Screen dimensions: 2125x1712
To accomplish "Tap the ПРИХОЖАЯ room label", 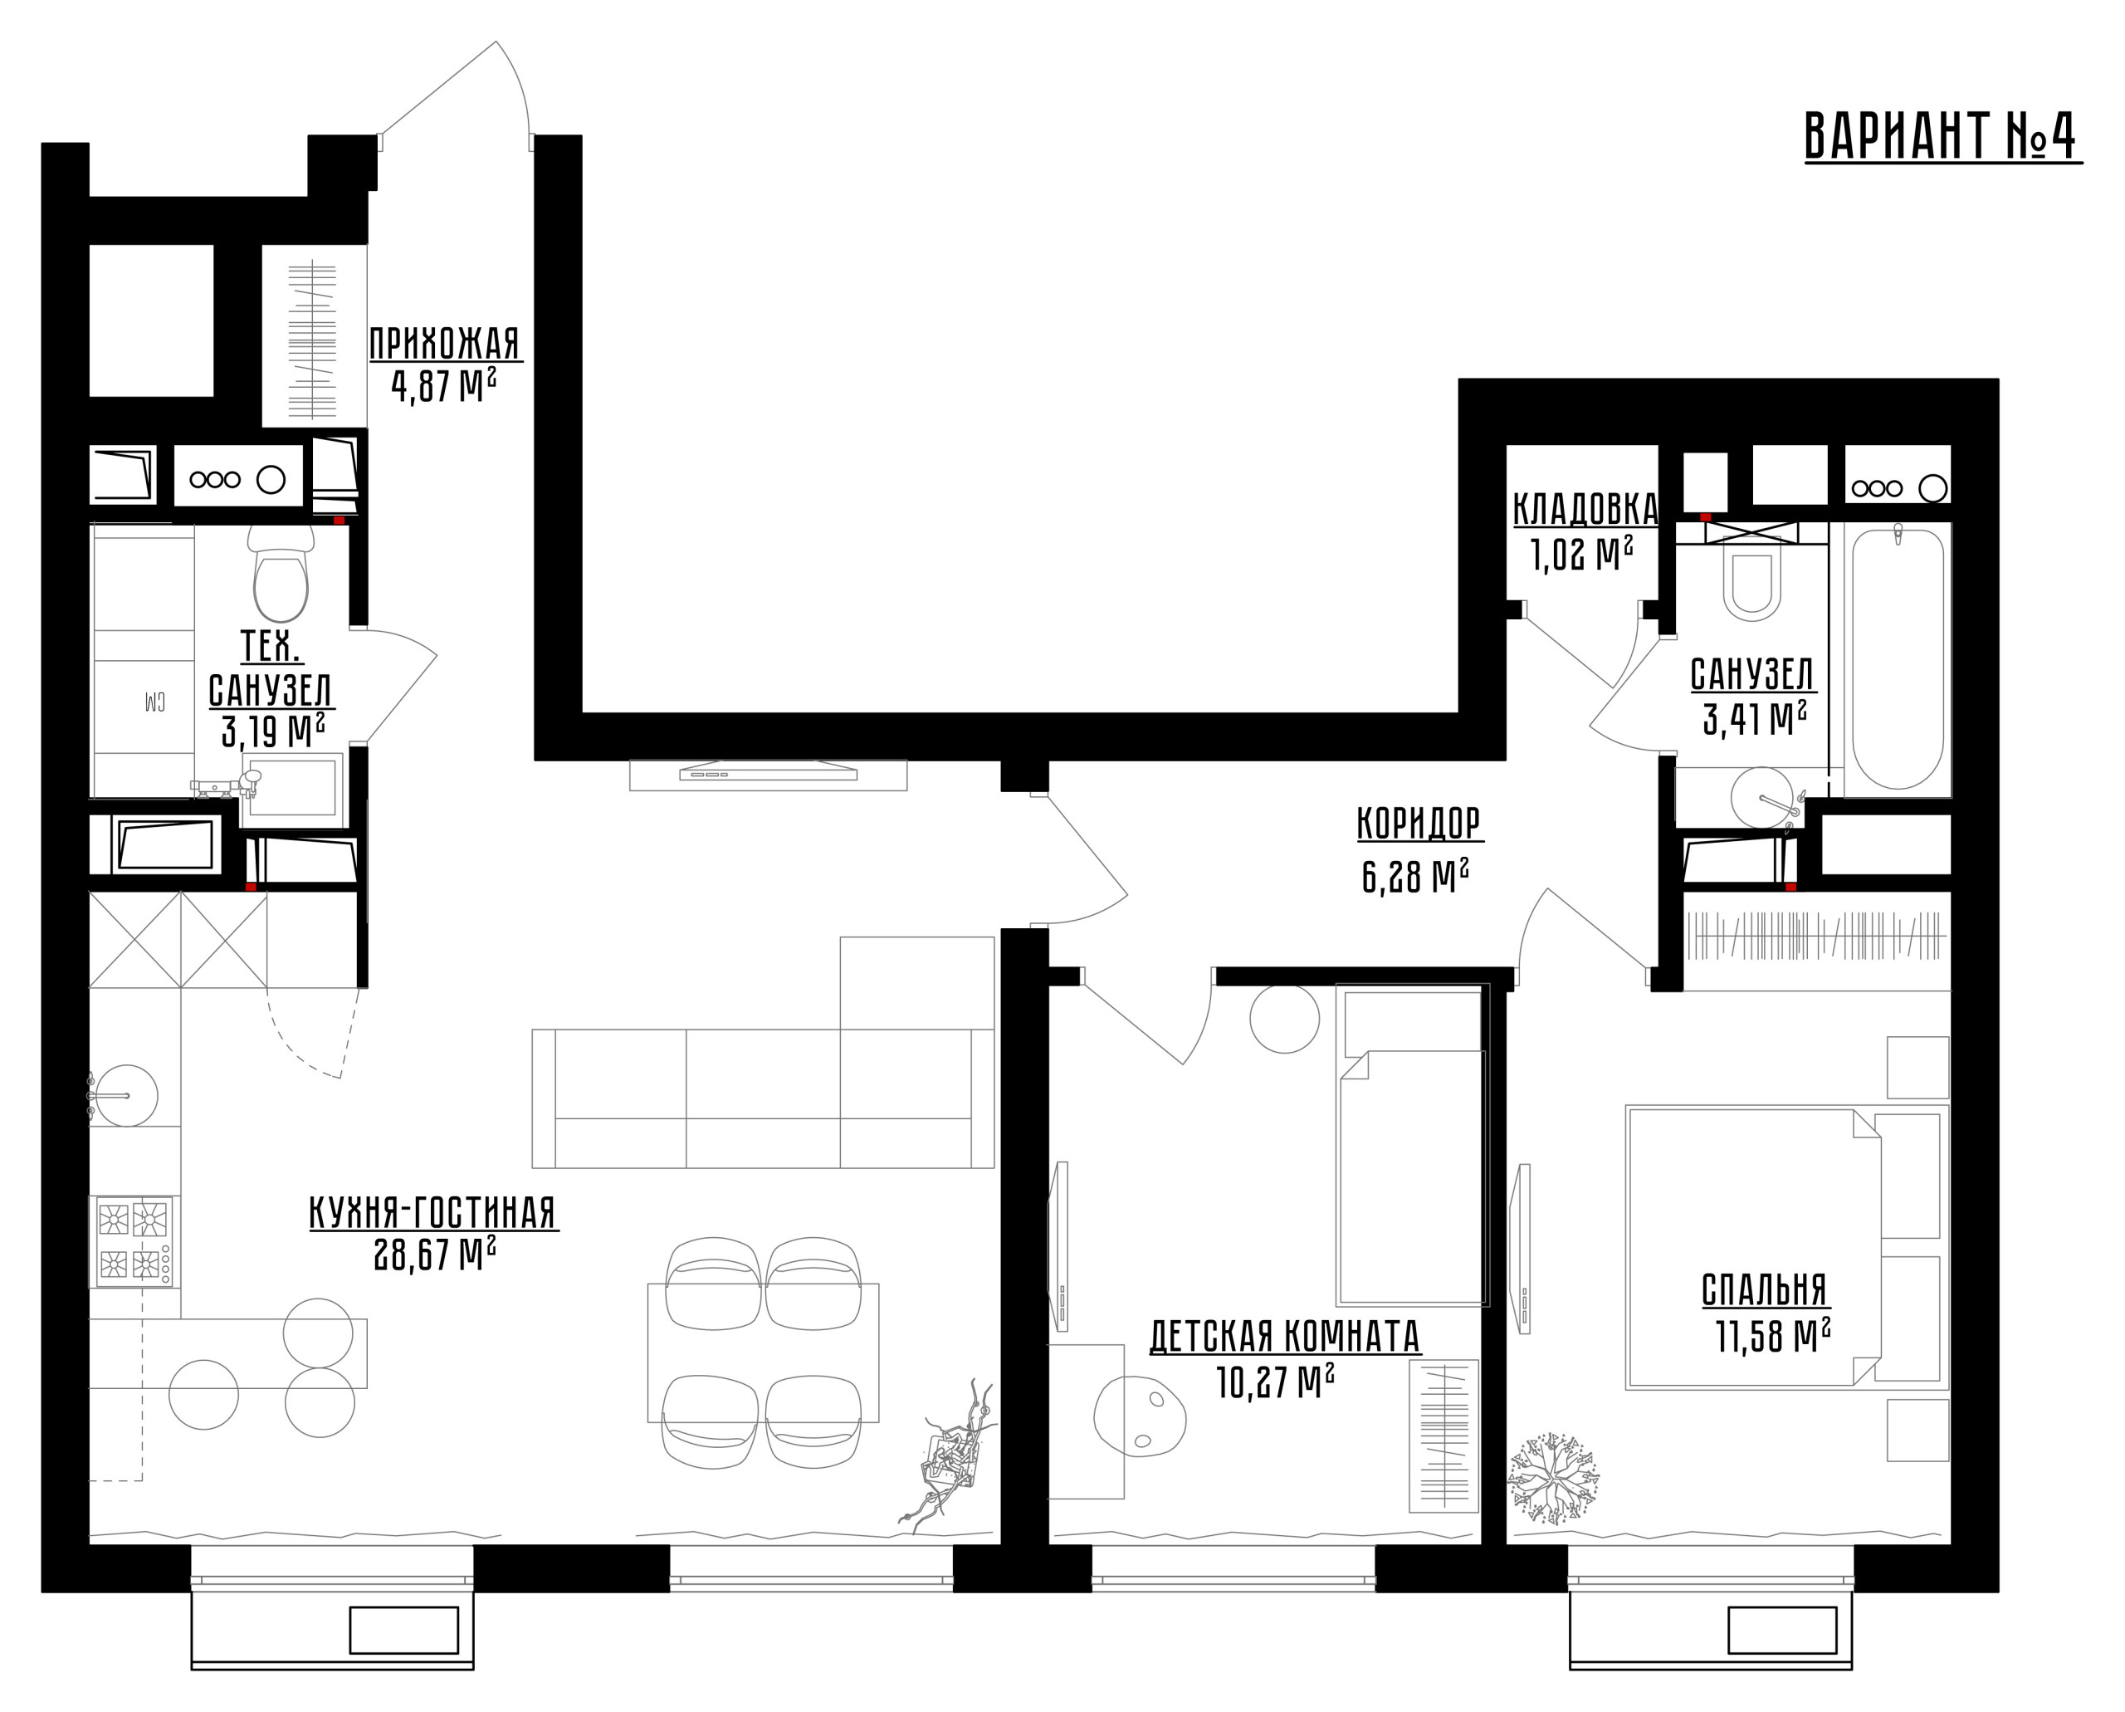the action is pos(444,345).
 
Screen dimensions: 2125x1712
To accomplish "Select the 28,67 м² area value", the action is pos(435,1255).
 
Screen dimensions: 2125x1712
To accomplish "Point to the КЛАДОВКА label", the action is pos(1585,509).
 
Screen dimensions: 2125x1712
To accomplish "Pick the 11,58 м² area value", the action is pos(1773,1335).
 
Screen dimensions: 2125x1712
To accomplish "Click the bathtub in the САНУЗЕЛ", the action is pos(1898,658).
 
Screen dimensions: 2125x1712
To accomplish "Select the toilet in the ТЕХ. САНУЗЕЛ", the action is pos(281,575).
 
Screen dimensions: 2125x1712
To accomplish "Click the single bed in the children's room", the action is pos(1411,1146).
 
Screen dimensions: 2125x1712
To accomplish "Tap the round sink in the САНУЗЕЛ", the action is pos(1762,797).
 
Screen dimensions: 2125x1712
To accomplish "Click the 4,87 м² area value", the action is pos(444,385).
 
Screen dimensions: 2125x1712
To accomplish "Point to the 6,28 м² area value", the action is pos(1415,876).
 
